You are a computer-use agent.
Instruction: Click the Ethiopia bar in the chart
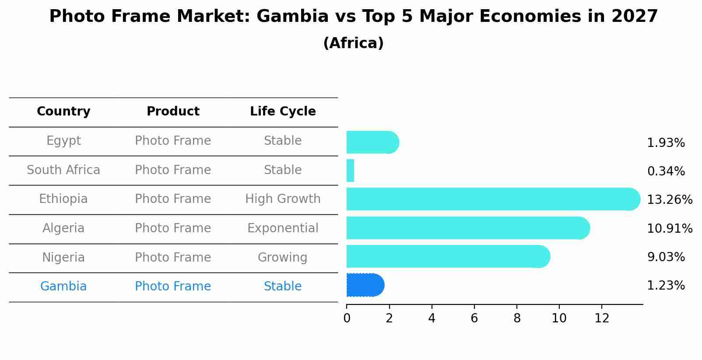[x=492, y=199]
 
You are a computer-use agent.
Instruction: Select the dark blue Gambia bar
[x=365, y=285]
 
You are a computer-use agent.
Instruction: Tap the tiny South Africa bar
[x=350, y=171]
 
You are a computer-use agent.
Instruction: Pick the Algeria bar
[x=467, y=228]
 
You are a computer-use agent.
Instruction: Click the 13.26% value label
[x=669, y=200]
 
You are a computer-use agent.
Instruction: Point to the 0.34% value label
[x=666, y=171]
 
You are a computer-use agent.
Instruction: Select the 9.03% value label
[x=666, y=257]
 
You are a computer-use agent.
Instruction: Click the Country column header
[x=63, y=112]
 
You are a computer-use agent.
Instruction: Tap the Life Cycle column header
[x=283, y=112]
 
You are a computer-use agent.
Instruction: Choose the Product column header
[x=173, y=112]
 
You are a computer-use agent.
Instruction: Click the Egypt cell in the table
[x=63, y=141]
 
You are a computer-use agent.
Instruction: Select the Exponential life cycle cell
[x=283, y=228]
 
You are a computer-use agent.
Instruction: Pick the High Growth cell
[x=283, y=199]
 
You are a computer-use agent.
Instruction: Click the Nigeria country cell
[x=63, y=257]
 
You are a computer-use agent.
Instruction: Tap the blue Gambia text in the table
[x=63, y=287]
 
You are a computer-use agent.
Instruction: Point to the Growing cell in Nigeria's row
[x=283, y=257]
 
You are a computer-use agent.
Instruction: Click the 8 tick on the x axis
[x=517, y=318]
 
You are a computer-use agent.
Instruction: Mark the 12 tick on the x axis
[x=602, y=318]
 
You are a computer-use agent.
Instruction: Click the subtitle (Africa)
[x=353, y=43]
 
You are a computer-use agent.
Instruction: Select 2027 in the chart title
[x=634, y=17]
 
